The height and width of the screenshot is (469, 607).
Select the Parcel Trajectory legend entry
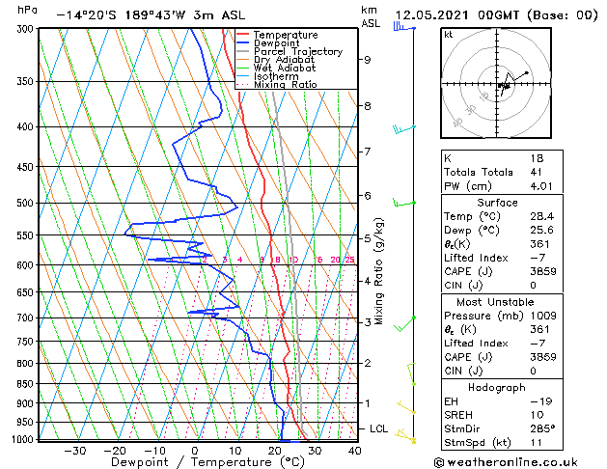click(x=297, y=52)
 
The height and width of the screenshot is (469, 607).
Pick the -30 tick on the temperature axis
click(x=74, y=450)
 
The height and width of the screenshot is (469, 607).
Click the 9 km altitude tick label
click(x=368, y=60)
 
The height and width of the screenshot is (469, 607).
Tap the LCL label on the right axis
click(x=379, y=428)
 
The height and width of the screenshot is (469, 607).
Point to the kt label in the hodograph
click(x=449, y=35)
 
